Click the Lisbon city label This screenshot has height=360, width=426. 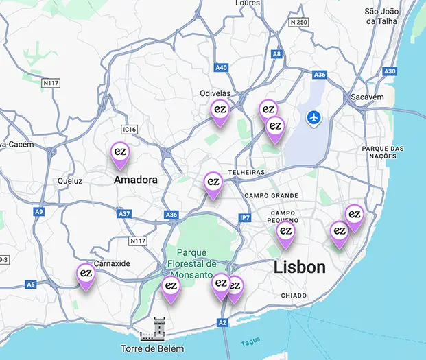pos(300,267)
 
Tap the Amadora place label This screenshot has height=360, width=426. pos(135,180)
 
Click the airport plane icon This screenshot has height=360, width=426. pos(315,117)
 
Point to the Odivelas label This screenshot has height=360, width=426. pos(215,93)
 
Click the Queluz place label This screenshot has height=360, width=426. pos(70,181)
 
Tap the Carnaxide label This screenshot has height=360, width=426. pos(111,263)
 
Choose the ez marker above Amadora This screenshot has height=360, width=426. pos(120,152)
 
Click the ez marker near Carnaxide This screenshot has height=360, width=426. pos(86,274)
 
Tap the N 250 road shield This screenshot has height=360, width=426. pos(298,22)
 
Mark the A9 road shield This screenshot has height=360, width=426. pos(39,212)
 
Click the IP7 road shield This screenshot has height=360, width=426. pos(245,217)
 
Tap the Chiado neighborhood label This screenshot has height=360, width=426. pos(294,296)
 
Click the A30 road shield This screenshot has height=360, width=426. pos(390,71)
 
